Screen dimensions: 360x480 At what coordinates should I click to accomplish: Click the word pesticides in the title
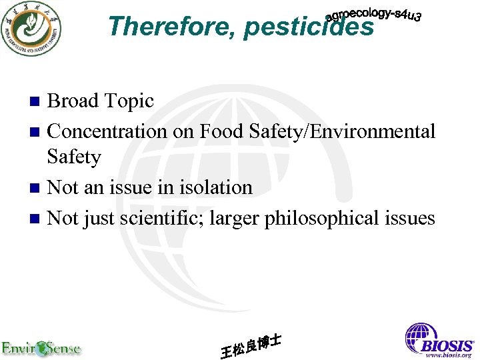(x=309, y=27)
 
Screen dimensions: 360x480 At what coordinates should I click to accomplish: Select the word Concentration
(x=108, y=131)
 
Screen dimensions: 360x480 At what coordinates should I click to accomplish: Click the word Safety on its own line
(x=74, y=157)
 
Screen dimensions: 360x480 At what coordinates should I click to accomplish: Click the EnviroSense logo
(x=41, y=348)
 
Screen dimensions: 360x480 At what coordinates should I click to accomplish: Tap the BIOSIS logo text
(x=446, y=345)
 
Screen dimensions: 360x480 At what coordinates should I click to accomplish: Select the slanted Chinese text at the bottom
(x=250, y=345)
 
